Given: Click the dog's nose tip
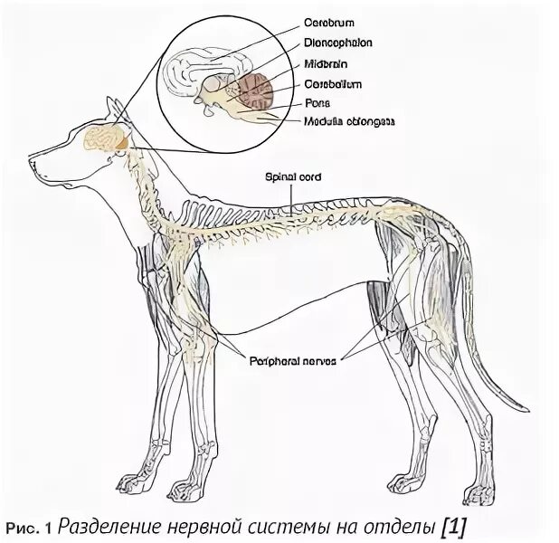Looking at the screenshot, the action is pos(31,164).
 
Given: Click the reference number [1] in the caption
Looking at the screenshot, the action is pos(455,525).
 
